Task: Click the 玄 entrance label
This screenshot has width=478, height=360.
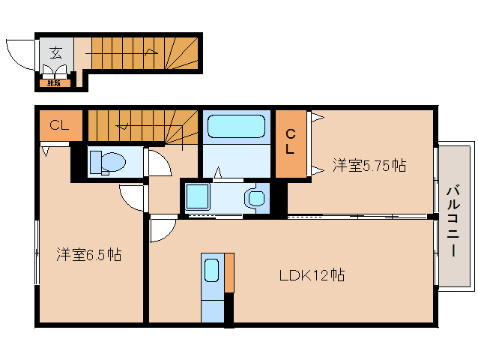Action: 56,52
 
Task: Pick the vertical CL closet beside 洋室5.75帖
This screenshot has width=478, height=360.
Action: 291,143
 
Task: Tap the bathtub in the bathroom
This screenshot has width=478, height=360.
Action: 237,126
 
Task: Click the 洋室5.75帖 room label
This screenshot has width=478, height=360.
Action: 369,165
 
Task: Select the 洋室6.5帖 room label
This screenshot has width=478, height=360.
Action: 88,255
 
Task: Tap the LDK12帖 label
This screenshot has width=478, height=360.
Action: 312,274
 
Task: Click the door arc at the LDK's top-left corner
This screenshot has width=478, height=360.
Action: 162,230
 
